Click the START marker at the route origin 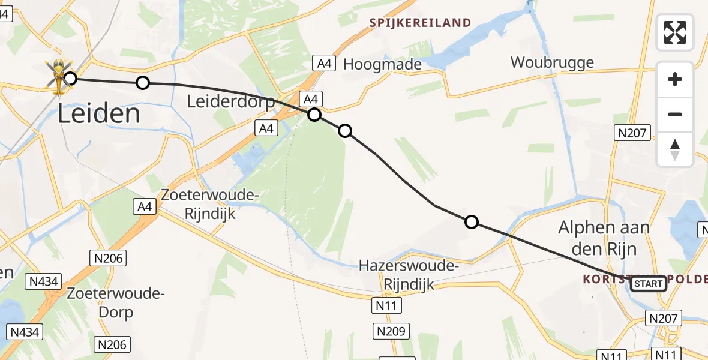click(648, 284)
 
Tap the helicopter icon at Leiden click(58, 77)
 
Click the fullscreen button click(675, 32)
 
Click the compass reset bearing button click(675, 149)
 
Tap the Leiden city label click(100, 114)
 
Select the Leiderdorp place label click(230, 101)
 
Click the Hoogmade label click(382, 65)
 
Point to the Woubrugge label click(552, 62)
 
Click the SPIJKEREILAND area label click(420, 23)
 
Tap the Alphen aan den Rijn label click(604, 237)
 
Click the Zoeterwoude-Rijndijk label click(209, 204)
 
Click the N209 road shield click(391, 331)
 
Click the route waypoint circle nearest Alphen click(472, 223)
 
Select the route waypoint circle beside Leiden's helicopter click(71, 79)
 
